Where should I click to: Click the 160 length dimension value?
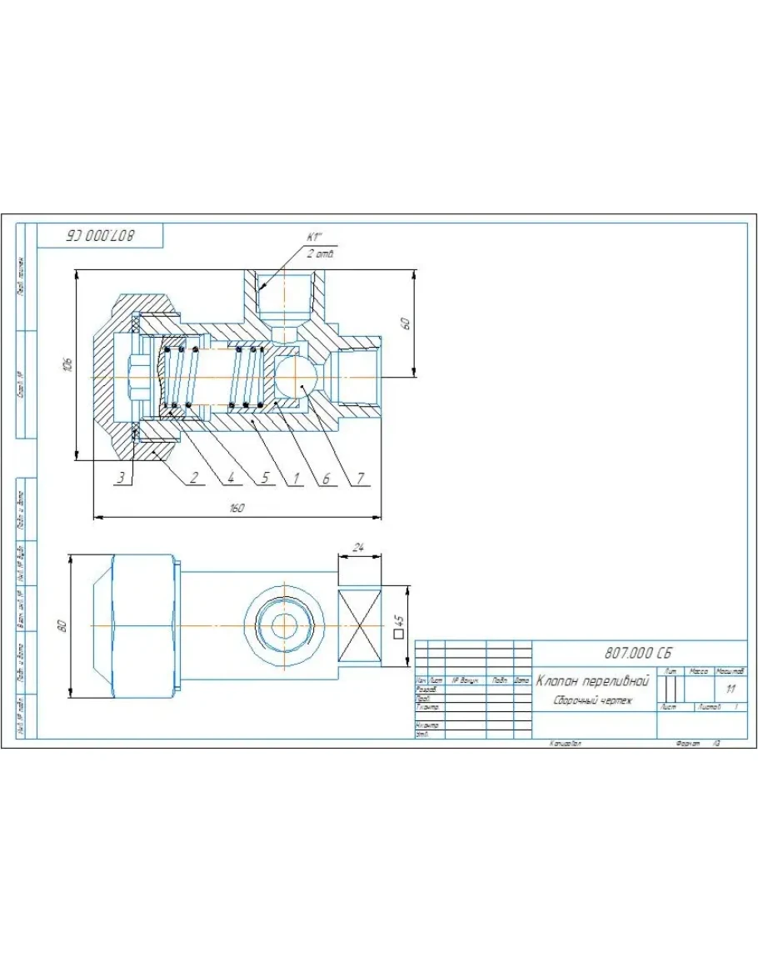[x=237, y=509]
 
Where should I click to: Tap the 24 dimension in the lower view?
[x=359, y=548]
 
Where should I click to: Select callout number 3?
[x=121, y=478]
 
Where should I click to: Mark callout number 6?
[x=327, y=478]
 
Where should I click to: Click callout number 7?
[x=360, y=478]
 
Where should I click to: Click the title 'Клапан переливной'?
[x=592, y=681]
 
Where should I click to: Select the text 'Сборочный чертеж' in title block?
[x=592, y=701]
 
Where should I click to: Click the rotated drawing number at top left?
[x=100, y=236]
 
